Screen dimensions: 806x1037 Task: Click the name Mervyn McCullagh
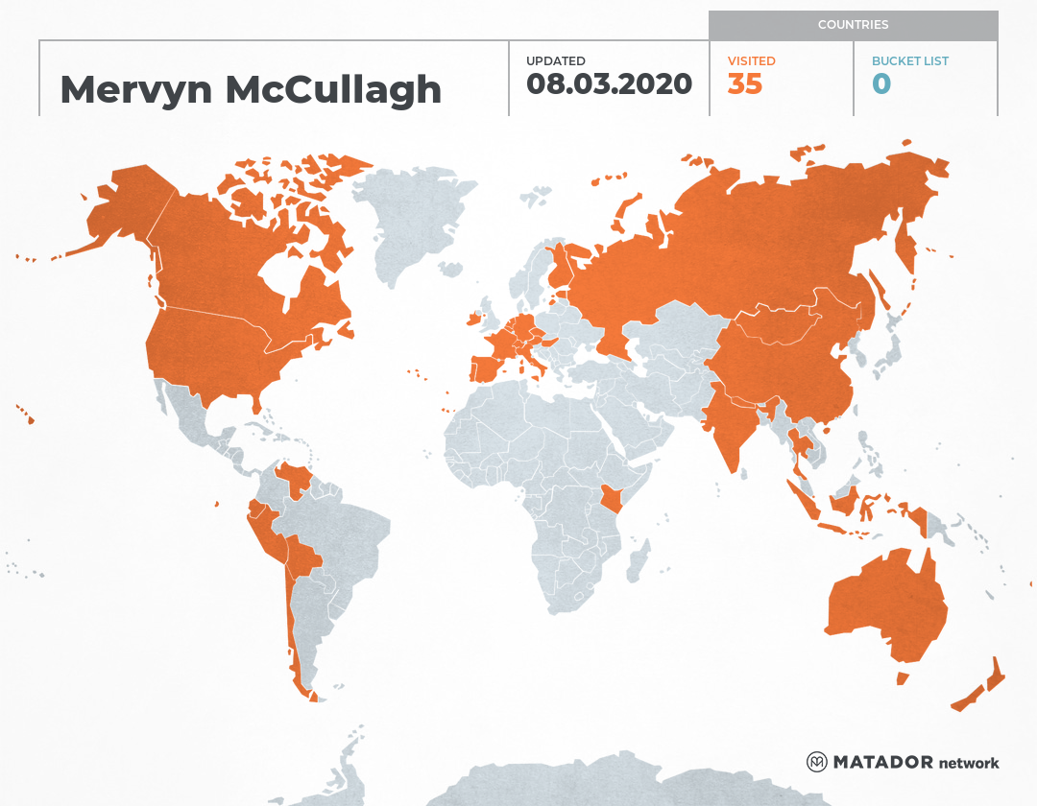click(251, 89)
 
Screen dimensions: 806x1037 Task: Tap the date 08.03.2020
click(609, 83)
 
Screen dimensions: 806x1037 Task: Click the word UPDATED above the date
click(555, 60)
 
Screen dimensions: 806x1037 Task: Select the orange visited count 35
click(745, 84)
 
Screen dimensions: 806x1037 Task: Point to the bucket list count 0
click(881, 84)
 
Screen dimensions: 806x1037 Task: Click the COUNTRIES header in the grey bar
click(853, 25)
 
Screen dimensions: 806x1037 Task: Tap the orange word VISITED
click(751, 60)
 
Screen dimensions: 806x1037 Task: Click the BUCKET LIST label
click(909, 60)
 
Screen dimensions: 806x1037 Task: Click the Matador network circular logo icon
click(817, 762)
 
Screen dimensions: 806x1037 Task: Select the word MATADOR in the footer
click(882, 763)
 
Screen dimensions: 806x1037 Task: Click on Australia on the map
click(883, 604)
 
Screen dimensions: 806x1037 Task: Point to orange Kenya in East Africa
click(612, 498)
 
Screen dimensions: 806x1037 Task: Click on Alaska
click(125, 211)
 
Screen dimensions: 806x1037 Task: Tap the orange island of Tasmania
click(902, 678)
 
